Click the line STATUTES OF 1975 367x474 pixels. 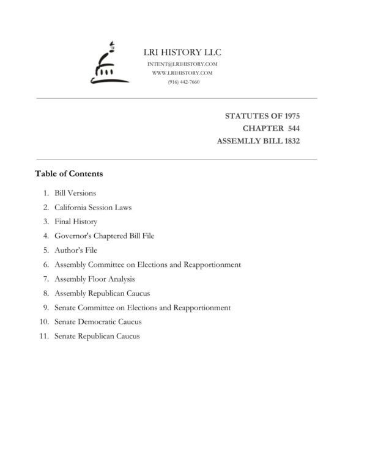[x=262, y=115]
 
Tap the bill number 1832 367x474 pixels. [x=287, y=141]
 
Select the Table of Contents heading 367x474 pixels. [x=69, y=173]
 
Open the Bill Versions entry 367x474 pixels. [x=75, y=193]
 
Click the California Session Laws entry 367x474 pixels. [x=93, y=207]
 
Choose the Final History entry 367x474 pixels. [x=76, y=222]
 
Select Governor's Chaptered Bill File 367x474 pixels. [x=102, y=236]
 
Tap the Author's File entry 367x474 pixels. [x=76, y=250]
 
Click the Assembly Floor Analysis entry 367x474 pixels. [x=95, y=279]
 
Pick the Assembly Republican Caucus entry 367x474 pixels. [x=102, y=293]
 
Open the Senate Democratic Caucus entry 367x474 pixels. [x=98, y=322]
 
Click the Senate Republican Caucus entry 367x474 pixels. [x=97, y=336]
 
